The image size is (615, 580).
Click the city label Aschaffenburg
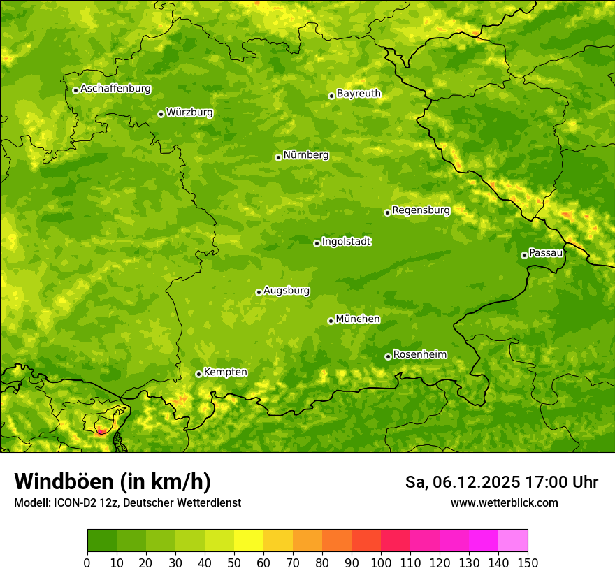[115, 89]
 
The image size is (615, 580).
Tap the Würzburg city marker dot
[161, 114]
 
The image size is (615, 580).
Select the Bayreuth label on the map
[359, 94]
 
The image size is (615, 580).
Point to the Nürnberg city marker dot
[278, 157]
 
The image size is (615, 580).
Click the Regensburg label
[421, 210]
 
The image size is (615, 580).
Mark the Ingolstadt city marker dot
[317, 243]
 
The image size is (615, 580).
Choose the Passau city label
[546, 253]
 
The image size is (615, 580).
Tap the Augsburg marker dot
[259, 292]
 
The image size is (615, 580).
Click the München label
[358, 319]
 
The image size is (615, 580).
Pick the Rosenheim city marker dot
[388, 357]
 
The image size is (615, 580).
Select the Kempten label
[225, 372]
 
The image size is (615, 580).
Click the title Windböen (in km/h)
[112, 482]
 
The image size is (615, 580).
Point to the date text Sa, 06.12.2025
[463, 482]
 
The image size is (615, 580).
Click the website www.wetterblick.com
[504, 502]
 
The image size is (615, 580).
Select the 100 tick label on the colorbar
[381, 563]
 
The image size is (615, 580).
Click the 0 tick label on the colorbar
[87, 563]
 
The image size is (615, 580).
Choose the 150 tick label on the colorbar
[528, 563]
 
